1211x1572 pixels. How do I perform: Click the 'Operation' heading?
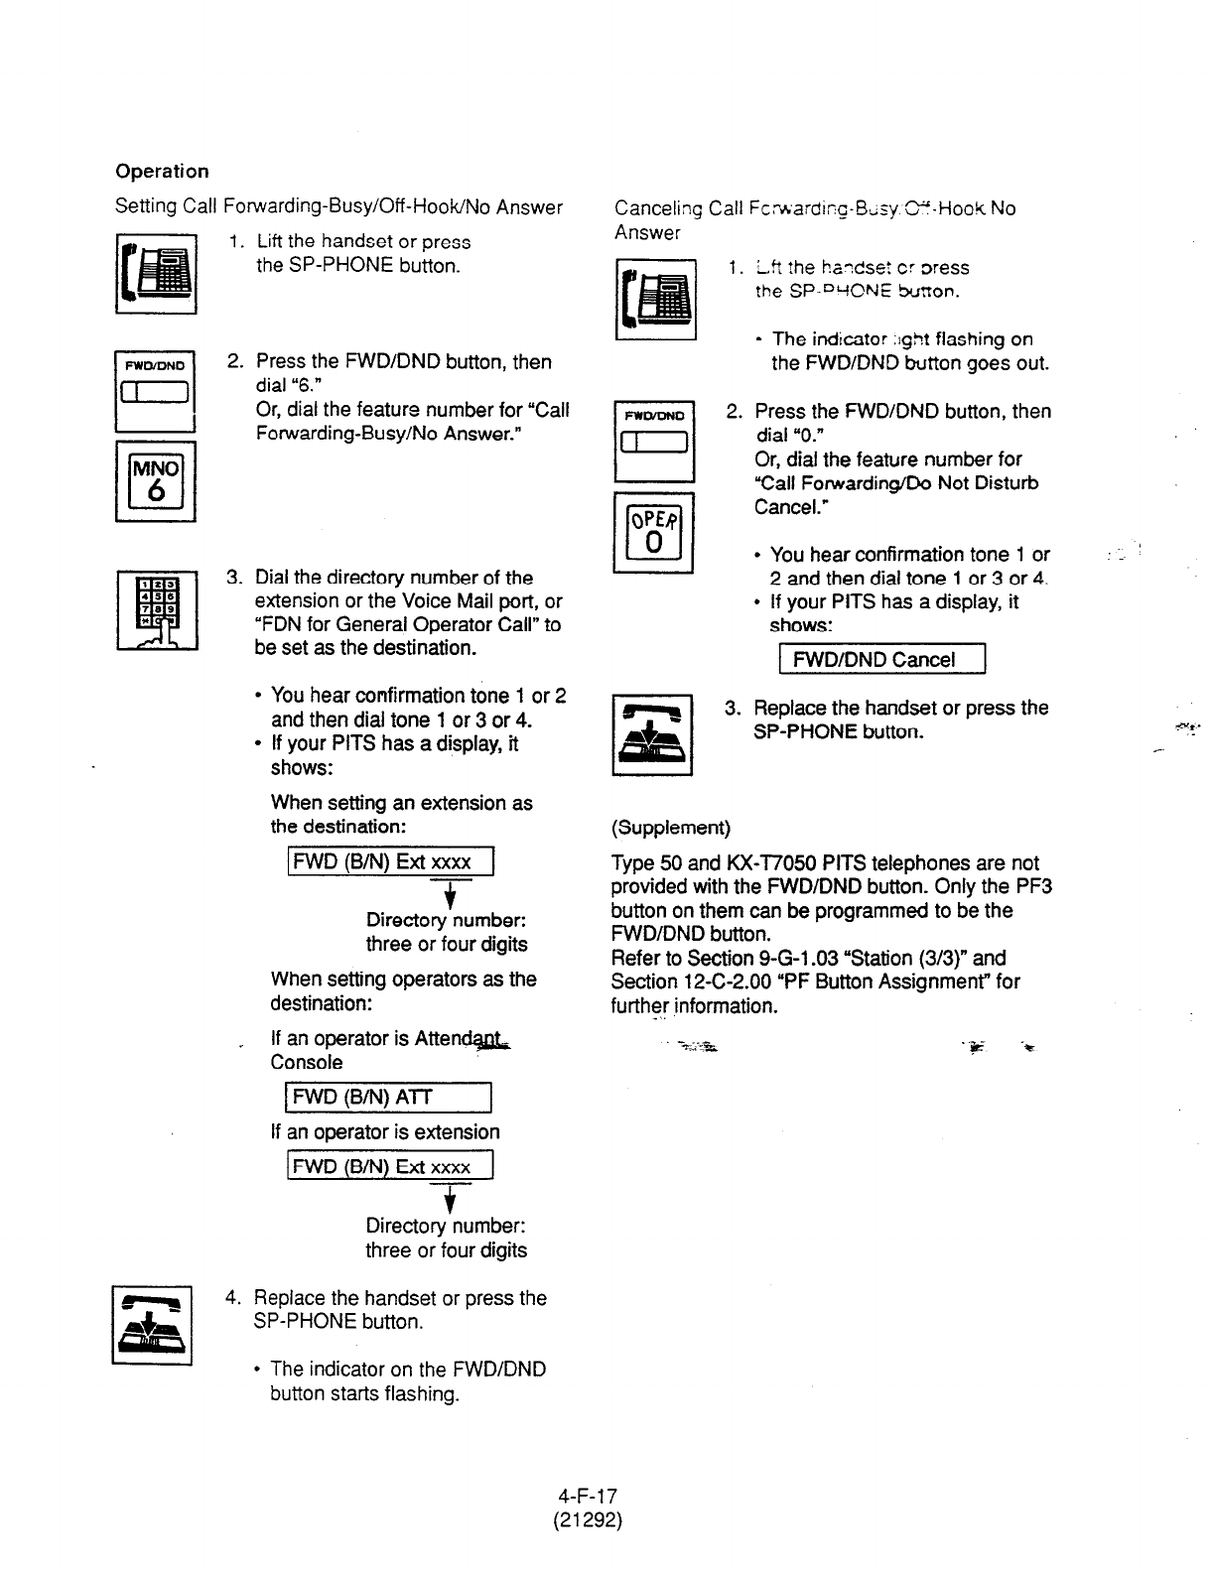tap(162, 171)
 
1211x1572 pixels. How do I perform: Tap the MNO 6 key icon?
tap(156, 480)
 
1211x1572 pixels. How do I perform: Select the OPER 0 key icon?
tap(653, 532)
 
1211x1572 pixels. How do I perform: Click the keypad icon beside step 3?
tap(157, 610)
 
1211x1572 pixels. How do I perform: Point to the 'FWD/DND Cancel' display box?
tap(880, 660)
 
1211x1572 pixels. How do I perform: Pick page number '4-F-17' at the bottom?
tap(588, 1496)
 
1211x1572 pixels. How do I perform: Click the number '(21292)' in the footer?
tap(588, 1519)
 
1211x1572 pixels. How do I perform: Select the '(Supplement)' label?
tap(670, 828)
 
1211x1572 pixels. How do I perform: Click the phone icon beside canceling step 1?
tap(655, 299)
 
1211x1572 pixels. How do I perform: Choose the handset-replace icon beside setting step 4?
tap(152, 1325)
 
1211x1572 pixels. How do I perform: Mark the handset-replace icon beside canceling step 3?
tap(651, 734)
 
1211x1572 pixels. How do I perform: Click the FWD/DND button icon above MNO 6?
tap(156, 391)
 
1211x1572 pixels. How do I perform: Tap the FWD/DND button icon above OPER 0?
tap(654, 441)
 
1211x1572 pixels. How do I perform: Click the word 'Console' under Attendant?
tap(306, 1062)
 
